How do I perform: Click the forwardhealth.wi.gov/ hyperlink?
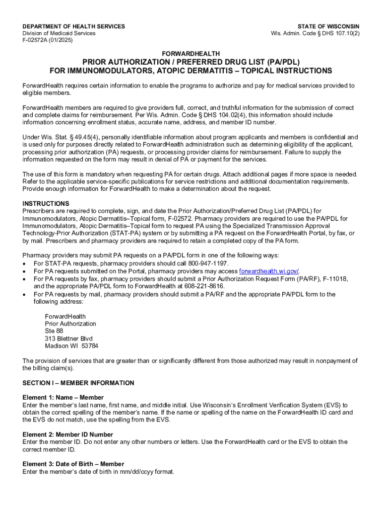[269, 271]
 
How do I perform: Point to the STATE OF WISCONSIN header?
[328, 26]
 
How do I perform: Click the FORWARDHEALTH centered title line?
[191, 53]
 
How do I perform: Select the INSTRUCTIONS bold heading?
[46, 204]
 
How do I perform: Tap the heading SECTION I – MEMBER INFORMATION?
[78, 383]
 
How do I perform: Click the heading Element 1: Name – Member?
[63, 398]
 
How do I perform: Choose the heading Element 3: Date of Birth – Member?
[73, 464]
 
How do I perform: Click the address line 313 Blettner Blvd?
[68, 339]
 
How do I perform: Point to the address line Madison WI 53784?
[71, 346]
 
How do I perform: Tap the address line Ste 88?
[54, 331]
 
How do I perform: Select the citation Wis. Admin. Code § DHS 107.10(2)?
[315, 33]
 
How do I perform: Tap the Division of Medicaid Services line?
[59, 33]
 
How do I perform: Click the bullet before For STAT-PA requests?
[25, 263]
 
